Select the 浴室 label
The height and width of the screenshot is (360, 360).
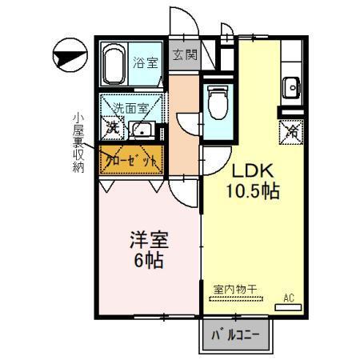pos(145,59)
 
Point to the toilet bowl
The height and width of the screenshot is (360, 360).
pos(215,103)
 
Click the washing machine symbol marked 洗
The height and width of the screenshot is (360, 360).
pos(113,127)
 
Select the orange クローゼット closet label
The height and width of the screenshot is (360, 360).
pos(131,159)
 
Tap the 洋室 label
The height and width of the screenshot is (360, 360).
pos(149,240)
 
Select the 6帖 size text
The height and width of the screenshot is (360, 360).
pos(148,261)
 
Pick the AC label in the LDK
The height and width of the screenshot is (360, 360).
pos(290,298)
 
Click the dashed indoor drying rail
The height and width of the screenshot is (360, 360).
pos(240,298)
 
